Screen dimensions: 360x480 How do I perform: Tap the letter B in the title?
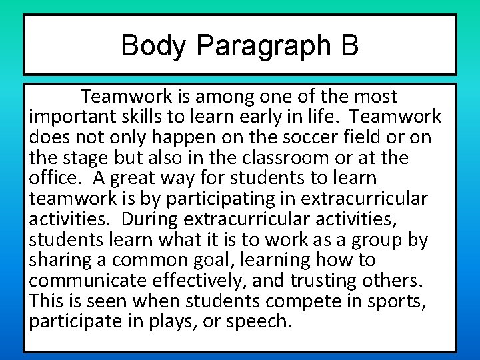pyautogui.click(x=349, y=46)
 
